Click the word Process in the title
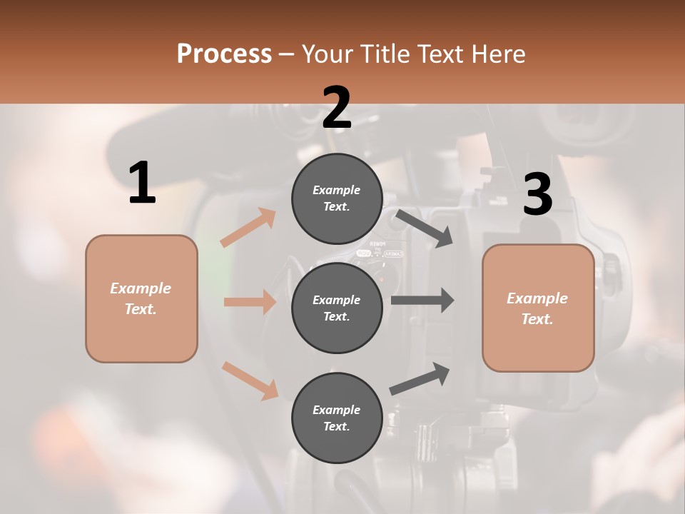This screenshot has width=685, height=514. (x=224, y=54)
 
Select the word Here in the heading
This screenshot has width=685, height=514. (x=497, y=54)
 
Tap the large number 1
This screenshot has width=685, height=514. (x=142, y=183)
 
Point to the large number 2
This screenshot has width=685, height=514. (x=337, y=108)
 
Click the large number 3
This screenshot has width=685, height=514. (x=537, y=194)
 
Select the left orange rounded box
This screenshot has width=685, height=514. (x=141, y=298)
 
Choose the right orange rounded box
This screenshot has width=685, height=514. (x=538, y=308)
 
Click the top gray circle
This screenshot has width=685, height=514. (x=337, y=198)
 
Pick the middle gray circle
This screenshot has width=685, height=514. (x=337, y=308)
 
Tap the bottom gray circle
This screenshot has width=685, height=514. (x=337, y=418)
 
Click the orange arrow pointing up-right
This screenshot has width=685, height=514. (x=248, y=228)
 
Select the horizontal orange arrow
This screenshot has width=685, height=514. (x=250, y=302)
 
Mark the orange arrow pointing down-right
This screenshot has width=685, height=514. (x=250, y=381)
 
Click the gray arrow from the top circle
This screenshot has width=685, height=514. (x=425, y=228)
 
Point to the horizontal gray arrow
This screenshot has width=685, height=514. (x=422, y=300)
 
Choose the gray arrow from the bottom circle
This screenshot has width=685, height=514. (x=420, y=378)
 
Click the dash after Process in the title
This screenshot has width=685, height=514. (x=287, y=54)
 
